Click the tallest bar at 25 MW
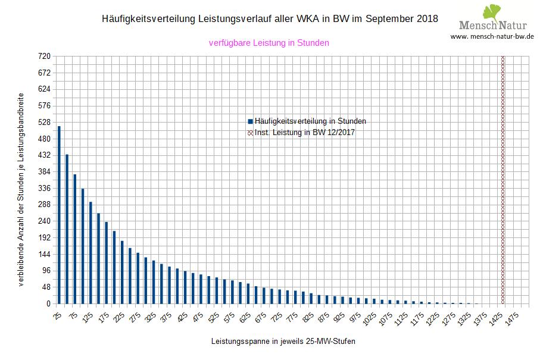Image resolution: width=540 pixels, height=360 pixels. click(59, 215)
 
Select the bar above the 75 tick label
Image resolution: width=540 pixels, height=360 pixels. click(75, 239)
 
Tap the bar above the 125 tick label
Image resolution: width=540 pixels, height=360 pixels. click(90, 253)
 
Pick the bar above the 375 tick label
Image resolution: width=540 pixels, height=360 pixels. click(170, 285)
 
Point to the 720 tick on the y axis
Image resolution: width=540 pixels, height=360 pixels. click(45, 57)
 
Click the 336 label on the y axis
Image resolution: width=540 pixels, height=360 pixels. click(45, 188)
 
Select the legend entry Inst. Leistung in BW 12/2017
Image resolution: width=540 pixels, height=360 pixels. click(304, 133)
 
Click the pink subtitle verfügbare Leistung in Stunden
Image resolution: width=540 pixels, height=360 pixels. click(269, 43)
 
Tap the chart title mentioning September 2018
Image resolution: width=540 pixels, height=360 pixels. click(270, 19)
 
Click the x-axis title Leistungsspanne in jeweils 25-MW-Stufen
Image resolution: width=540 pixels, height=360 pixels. click(283, 342)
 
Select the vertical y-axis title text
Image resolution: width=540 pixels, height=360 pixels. click(21, 189)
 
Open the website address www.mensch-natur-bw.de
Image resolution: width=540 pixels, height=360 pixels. click(492, 36)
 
